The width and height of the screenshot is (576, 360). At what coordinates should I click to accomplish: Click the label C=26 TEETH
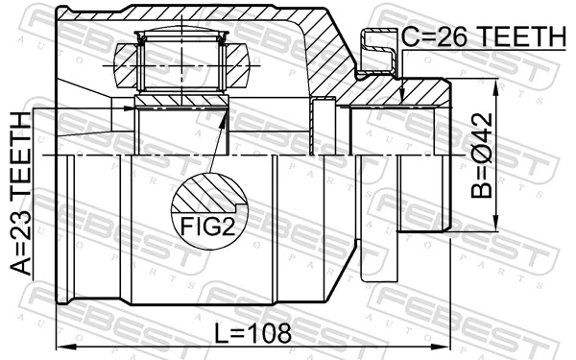coord(484,36)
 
